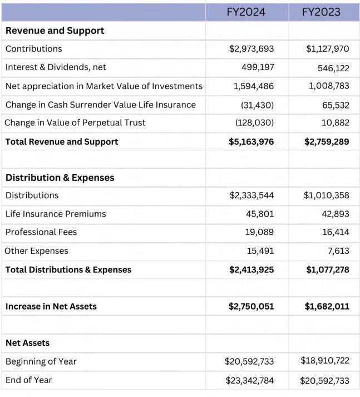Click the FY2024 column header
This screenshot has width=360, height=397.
[246, 12]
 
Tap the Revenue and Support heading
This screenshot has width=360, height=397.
[55, 31]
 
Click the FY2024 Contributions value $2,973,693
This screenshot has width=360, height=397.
[251, 49]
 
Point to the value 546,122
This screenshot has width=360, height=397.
[330, 68]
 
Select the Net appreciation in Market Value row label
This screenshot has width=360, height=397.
[103, 86]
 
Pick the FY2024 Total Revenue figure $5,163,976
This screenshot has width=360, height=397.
[251, 141]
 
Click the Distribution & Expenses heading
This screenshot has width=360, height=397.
[60, 178]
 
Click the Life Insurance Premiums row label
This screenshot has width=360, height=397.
[56, 214]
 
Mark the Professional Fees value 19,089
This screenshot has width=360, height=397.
[260, 232]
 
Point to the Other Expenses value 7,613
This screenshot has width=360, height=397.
[338, 251]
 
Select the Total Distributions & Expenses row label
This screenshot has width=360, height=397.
[68, 269]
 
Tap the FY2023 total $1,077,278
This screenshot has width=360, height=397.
[327, 269]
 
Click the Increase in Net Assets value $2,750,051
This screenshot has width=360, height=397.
[251, 306]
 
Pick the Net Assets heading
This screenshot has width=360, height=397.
[27, 343]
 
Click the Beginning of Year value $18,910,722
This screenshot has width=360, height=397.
[325, 361]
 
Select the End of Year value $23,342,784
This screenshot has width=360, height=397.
[249, 380]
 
